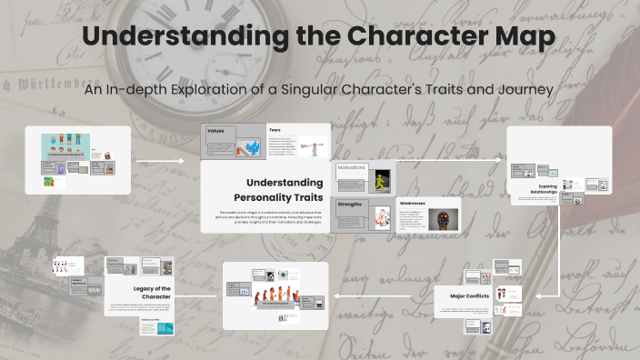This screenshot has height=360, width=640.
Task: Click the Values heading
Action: coord(216,131)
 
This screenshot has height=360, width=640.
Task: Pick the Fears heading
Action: coord(275,130)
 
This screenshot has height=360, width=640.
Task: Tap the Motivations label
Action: coord(352,168)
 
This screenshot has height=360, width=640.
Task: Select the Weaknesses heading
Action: coord(413,204)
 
